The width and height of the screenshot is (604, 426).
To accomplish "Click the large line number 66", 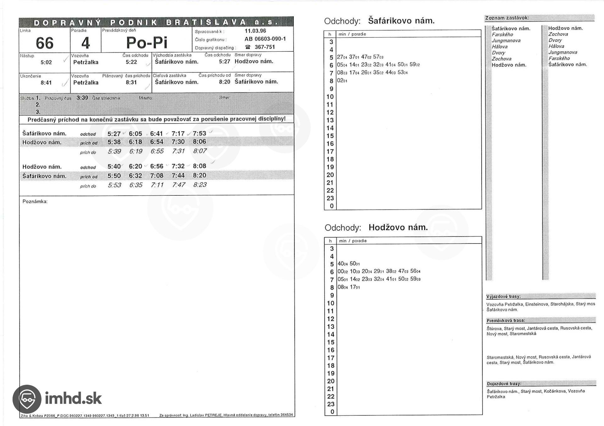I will [44, 43].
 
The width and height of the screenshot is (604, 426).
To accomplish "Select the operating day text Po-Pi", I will [147, 43].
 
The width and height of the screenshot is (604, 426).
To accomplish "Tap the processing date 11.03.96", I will [255, 31].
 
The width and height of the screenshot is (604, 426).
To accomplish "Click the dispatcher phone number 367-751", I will [265, 47].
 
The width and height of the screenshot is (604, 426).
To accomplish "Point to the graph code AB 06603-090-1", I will [265, 39].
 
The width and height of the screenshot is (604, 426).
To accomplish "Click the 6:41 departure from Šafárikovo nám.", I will [156, 134].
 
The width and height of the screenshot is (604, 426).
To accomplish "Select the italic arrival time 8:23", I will [200, 185].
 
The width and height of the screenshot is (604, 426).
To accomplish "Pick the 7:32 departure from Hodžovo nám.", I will [178, 166].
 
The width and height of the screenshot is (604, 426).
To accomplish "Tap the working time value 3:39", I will [82, 98].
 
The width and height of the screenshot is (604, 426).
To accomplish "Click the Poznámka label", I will [35, 201].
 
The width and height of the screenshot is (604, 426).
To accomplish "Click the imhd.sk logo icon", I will [27, 399].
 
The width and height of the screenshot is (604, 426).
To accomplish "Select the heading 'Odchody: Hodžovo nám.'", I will [376, 227].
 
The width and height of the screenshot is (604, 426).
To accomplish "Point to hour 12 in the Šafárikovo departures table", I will [330, 112].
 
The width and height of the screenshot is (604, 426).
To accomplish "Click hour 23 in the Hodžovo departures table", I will [330, 404].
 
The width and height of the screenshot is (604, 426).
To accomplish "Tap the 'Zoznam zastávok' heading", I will [506, 18].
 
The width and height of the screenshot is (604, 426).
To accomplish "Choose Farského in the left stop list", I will [502, 35].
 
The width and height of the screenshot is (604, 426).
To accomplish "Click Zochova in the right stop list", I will [558, 34].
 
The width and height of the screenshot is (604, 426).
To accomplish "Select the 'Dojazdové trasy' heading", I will [503, 384].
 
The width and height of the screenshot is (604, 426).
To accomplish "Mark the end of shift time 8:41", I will [46, 83].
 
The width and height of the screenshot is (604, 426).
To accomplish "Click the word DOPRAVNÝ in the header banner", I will [67, 23].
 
